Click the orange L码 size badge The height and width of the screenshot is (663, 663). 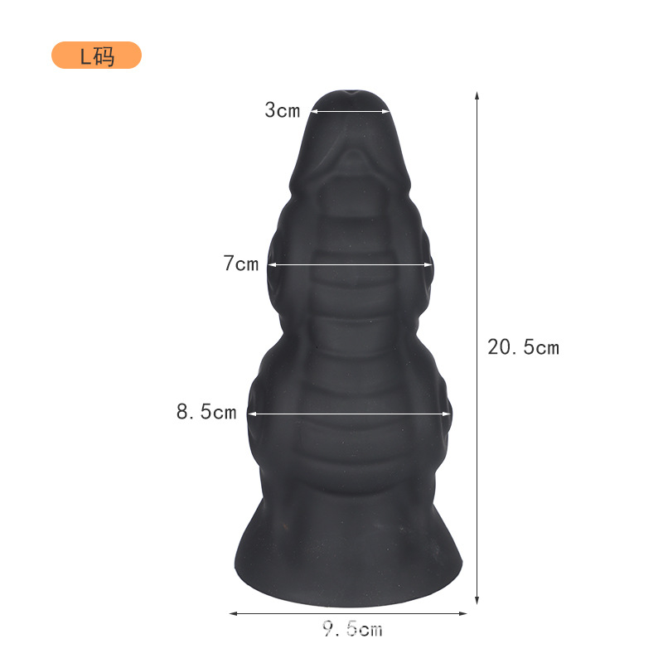96,56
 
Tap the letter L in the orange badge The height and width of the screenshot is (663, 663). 85,56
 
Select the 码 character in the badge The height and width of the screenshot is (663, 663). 104,56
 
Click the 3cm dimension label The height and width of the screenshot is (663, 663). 283,110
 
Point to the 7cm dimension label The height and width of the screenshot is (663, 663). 241,264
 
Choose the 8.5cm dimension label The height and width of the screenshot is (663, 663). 206,412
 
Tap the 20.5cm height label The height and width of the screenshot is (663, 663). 523,347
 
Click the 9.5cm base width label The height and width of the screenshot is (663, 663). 352,630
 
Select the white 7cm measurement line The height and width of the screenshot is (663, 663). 350,265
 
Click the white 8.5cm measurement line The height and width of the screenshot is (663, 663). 350,413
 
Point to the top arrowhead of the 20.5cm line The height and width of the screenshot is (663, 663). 477,94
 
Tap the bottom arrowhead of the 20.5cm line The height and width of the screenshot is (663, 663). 477,600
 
